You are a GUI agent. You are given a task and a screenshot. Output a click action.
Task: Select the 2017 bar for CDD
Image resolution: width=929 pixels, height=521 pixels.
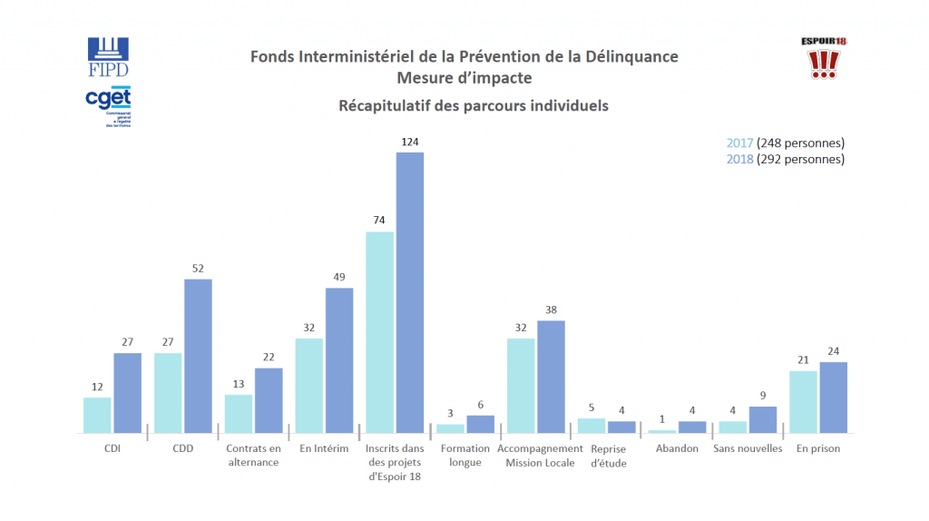(168, 393)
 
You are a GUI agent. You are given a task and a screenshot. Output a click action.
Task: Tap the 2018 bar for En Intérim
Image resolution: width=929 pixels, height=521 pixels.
(339, 360)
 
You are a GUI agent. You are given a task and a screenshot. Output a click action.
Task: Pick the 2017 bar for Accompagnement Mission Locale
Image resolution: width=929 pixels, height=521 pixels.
(521, 386)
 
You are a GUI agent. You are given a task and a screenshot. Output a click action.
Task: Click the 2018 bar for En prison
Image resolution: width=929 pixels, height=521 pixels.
(833, 398)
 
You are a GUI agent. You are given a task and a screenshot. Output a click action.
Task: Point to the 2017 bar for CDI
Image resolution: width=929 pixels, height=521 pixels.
(97, 415)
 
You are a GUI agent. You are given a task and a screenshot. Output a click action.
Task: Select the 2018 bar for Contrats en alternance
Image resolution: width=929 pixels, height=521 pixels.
(269, 400)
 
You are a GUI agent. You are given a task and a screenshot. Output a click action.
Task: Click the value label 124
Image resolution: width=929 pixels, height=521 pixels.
(410, 142)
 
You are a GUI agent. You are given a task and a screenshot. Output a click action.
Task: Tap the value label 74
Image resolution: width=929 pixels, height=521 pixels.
(379, 221)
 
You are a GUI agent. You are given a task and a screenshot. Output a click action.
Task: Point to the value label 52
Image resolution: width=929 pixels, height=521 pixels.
(198, 268)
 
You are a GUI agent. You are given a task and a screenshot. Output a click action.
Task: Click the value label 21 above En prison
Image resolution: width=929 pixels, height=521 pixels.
(803, 360)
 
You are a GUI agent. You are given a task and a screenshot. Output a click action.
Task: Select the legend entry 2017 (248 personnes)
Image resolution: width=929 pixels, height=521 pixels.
(786, 143)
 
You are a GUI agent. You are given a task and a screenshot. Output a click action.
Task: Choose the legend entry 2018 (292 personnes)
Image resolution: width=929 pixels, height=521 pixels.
(786, 159)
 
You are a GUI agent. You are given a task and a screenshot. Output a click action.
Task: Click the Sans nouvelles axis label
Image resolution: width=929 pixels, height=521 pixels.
(748, 449)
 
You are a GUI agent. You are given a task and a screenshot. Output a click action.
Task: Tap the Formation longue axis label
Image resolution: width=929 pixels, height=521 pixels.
(465, 456)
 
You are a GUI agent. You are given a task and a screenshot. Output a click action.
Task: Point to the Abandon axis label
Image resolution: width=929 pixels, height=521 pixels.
(676, 449)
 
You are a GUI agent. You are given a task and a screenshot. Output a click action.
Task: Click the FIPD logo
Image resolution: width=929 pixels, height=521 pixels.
(108, 57)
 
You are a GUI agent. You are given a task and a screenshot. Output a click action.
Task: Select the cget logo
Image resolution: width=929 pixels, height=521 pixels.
(108, 105)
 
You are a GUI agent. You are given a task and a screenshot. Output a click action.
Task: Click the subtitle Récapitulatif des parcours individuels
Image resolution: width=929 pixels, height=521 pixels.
(473, 105)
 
